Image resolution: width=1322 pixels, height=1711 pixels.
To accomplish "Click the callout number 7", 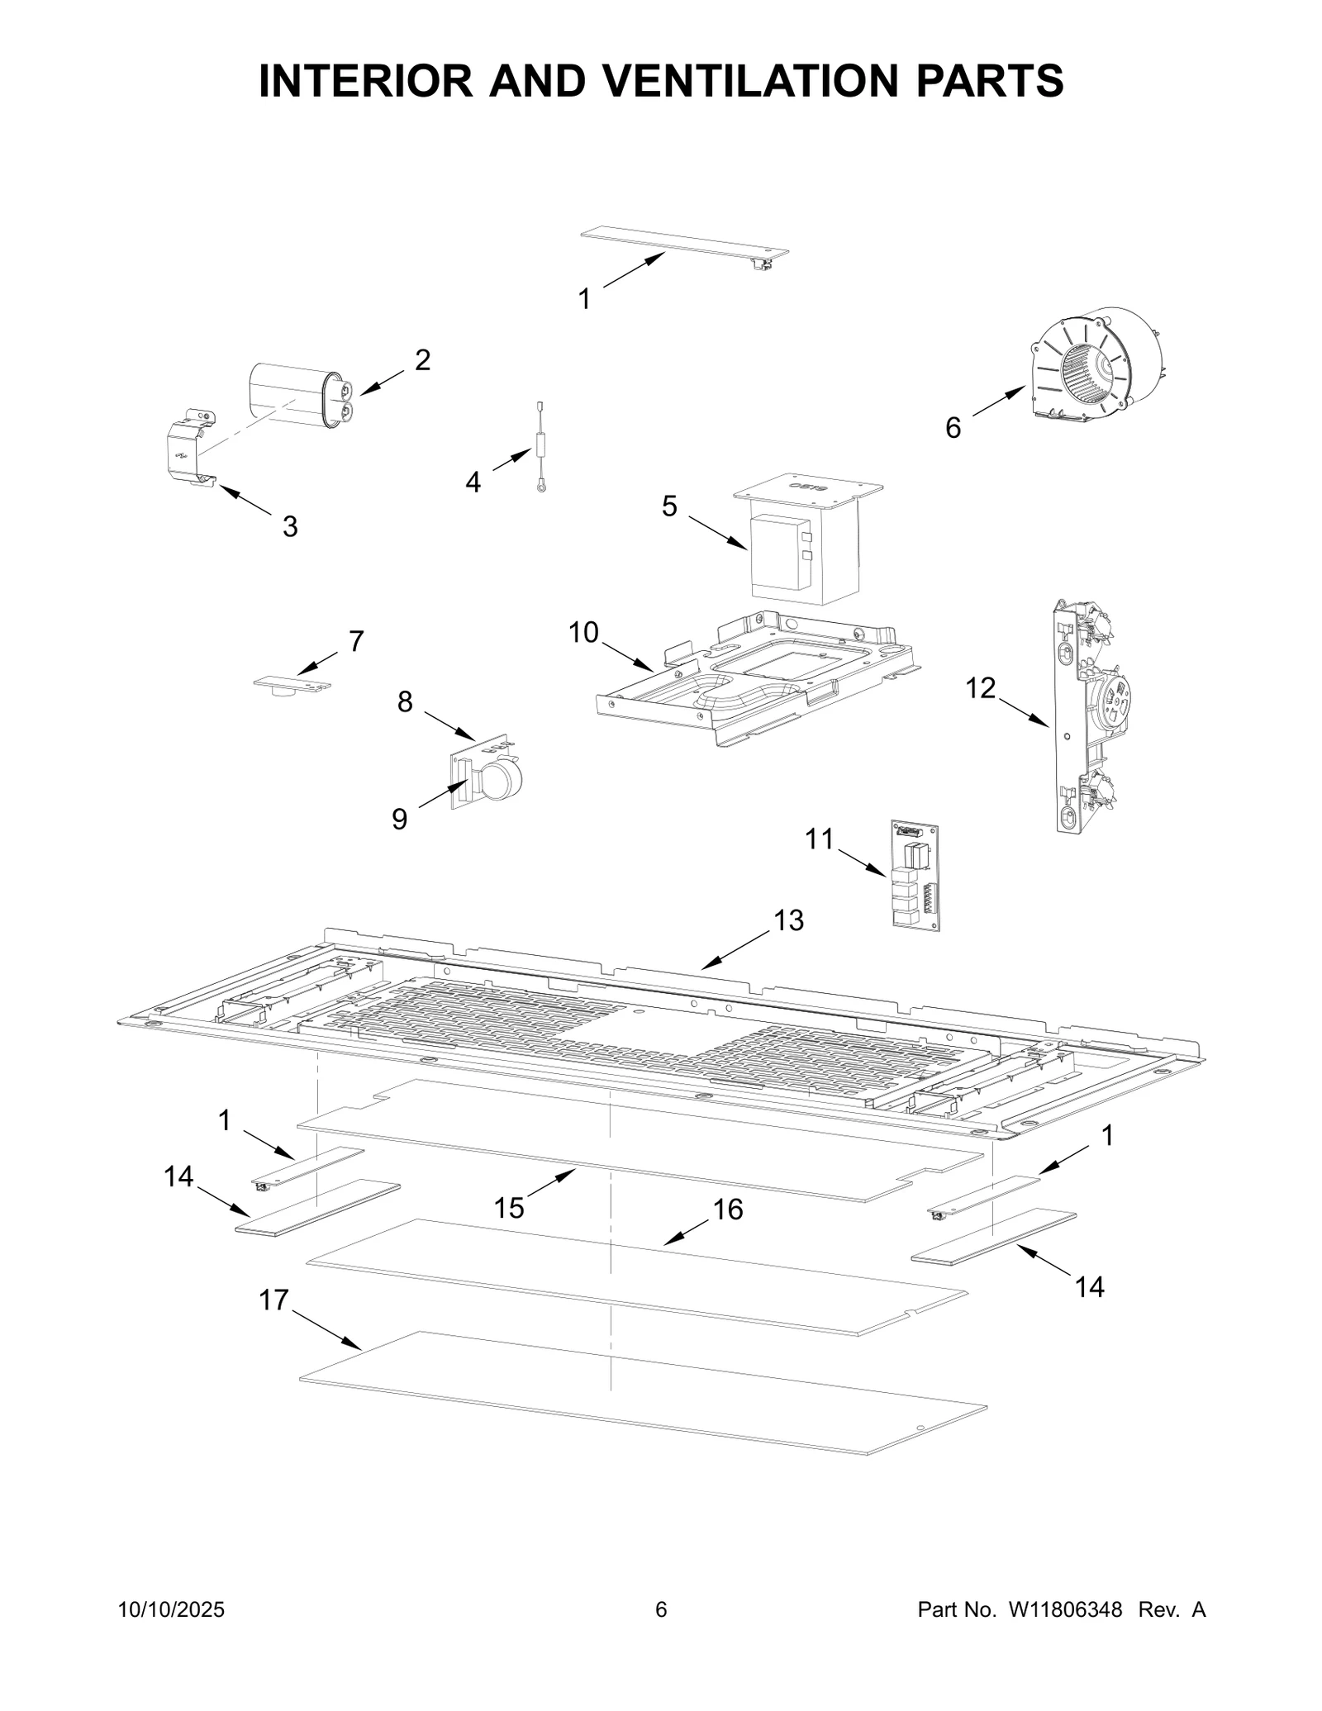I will click(x=356, y=641).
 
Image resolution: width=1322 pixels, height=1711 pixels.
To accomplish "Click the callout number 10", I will click(x=583, y=633).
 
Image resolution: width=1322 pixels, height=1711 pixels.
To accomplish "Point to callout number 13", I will click(x=789, y=920).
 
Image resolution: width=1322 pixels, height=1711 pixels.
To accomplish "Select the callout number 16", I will click(x=728, y=1210).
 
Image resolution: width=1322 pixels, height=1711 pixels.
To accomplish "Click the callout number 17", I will click(x=273, y=1300).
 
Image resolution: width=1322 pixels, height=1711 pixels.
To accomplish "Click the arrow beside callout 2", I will click(x=382, y=383).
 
